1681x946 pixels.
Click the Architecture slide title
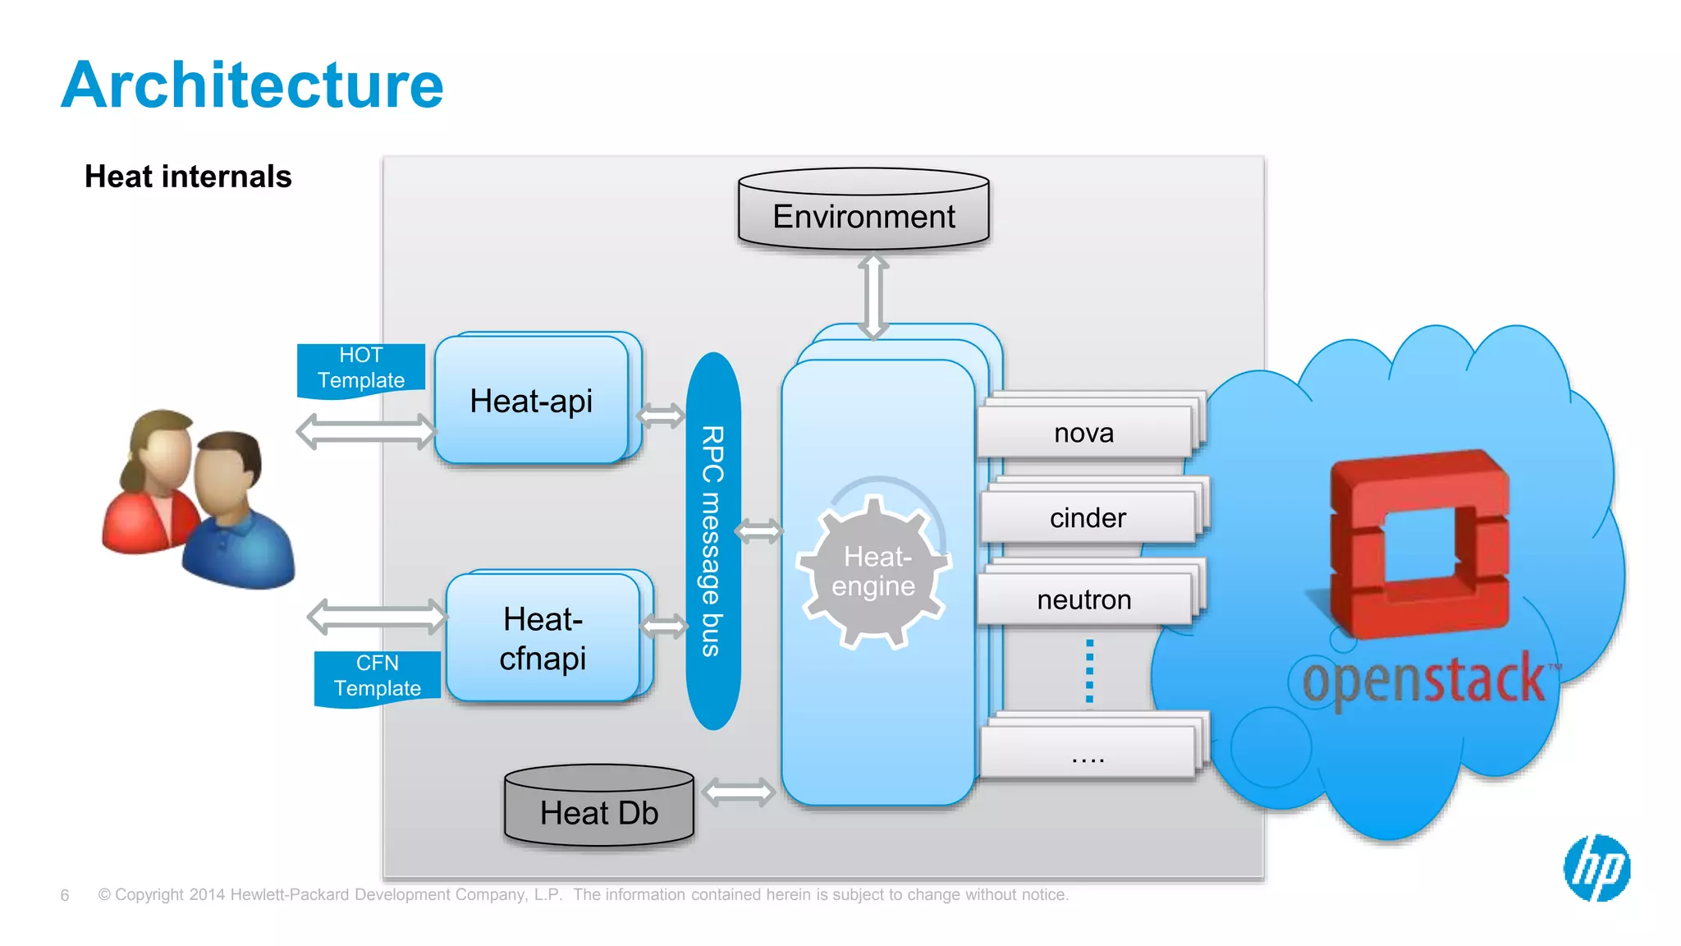[x=252, y=85]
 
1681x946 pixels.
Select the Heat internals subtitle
[x=188, y=177]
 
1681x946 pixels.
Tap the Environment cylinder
[x=863, y=211]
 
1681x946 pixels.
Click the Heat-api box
[x=531, y=401]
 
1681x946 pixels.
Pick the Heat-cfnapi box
[x=543, y=638]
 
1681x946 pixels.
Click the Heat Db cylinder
[x=599, y=808]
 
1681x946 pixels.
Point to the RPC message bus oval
[x=712, y=540]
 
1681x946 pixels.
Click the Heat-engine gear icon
[x=873, y=572]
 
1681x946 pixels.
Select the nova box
[x=1084, y=433]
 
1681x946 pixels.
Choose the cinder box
[x=1088, y=518]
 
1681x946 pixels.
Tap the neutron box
[x=1084, y=600]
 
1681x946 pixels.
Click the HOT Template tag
[x=361, y=369]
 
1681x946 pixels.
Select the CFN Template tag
[x=378, y=676]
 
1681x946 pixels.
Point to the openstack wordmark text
[x=1425, y=680]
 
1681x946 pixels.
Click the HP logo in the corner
[x=1596, y=868]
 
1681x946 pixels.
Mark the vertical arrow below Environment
[x=873, y=296]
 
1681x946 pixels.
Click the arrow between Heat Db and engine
[x=739, y=792]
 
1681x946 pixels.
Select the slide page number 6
[x=65, y=895]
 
